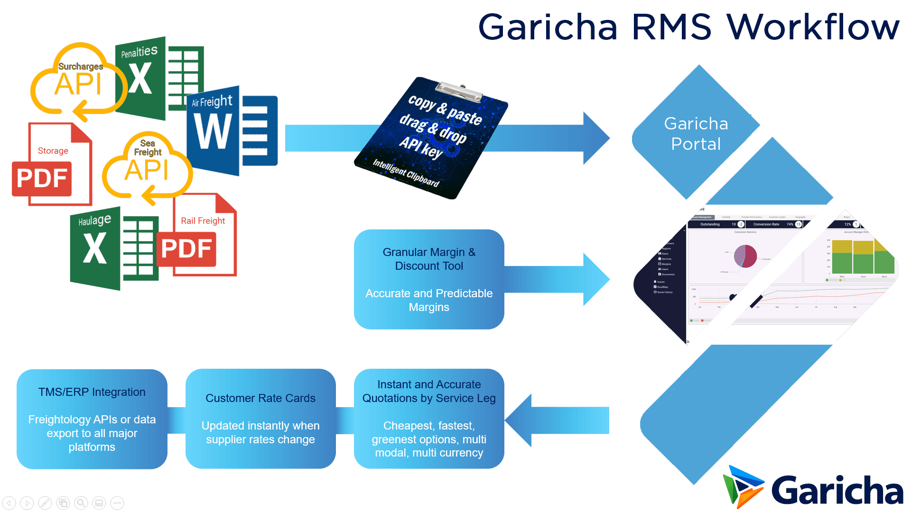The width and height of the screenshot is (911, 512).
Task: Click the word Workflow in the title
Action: point(813,27)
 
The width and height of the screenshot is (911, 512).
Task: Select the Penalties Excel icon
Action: point(159,78)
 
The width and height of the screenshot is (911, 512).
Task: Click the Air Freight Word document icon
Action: point(232,130)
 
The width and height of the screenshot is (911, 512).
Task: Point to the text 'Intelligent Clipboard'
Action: point(406,173)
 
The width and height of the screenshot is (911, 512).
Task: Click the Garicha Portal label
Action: point(696,134)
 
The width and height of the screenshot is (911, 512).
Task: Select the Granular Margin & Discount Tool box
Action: point(429,279)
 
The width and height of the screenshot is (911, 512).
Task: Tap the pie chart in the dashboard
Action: point(745,256)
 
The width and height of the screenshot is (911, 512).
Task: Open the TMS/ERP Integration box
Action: point(92,419)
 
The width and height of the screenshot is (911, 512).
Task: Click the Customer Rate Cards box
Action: point(260,419)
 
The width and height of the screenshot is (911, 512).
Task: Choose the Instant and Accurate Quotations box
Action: point(429,419)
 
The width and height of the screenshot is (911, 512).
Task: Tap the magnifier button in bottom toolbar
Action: point(81,503)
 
